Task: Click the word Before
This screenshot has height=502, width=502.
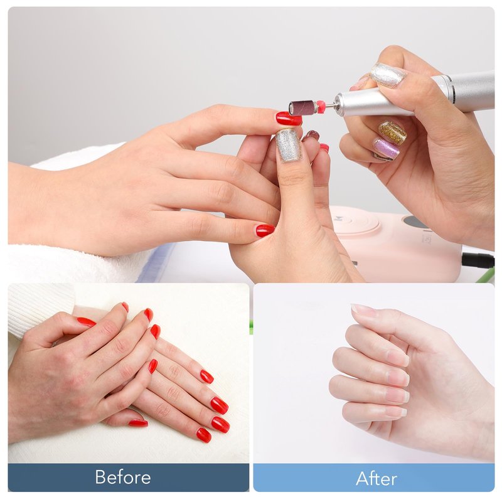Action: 123,477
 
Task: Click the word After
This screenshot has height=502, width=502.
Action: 376,479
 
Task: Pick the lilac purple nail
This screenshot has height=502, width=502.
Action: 386,148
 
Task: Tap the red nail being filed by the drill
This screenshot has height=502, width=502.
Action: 289,118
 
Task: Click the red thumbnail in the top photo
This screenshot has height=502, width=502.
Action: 265,230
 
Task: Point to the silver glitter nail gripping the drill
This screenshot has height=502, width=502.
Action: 387,75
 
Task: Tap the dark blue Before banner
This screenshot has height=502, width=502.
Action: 129,478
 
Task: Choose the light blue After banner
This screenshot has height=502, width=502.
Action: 373,478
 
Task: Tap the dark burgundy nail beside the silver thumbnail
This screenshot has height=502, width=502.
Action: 311,136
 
